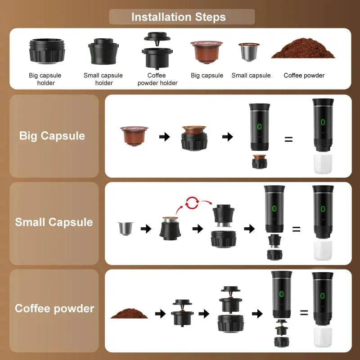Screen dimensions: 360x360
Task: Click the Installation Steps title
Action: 179,17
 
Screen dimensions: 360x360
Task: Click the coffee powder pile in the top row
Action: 303,50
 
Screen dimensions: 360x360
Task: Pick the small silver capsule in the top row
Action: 249,52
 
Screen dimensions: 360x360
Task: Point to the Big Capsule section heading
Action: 52,136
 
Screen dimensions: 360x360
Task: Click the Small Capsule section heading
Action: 54,222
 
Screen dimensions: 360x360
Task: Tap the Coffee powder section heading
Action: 54,309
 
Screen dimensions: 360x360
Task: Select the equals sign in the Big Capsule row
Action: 288,139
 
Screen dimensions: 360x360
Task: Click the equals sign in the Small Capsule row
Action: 296,229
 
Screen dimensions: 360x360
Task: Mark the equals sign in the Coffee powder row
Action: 304,312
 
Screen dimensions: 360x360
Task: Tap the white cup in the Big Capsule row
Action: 322,164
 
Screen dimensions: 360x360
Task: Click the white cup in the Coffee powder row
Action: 322,337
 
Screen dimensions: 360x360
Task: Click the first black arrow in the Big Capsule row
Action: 165,136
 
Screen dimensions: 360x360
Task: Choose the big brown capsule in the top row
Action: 207,52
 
